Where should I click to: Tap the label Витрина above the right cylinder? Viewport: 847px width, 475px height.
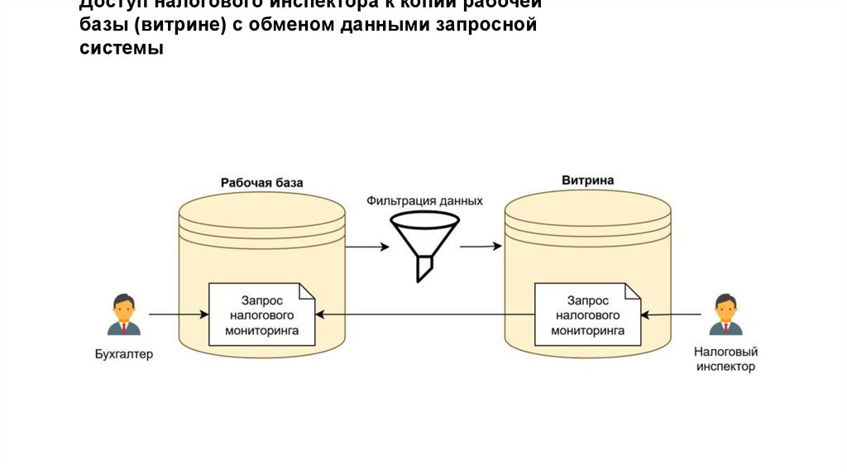click(x=588, y=180)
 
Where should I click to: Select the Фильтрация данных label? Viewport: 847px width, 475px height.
click(x=424, y=201)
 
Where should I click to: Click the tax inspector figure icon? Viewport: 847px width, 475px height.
click(x=725, y=314)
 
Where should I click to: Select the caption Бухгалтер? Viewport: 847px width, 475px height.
click(x=123, y=354)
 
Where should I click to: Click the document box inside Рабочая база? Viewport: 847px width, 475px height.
click(x=262, y=314)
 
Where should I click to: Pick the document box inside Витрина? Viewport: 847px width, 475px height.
click(x=588, y=314)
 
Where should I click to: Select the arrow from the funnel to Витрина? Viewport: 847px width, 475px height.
click(x=481, y=246)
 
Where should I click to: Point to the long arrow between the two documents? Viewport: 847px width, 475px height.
click(x=425, y=314)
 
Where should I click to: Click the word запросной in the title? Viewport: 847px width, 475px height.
click(x=491, y=24)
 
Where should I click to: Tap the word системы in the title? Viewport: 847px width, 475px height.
click(x=122, y=48)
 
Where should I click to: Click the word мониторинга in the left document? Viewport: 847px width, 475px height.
click(x=262, y=329)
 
